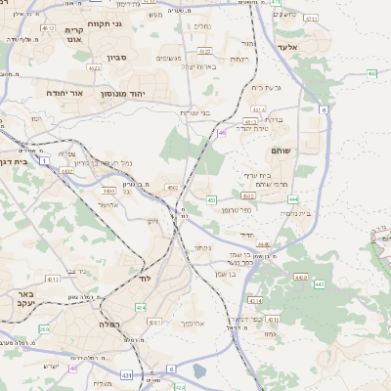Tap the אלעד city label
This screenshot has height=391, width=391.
(286, 45)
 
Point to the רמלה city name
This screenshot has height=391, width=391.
(109, 323)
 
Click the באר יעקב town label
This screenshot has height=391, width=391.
(20, 297)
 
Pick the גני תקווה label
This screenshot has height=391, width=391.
(105, 22)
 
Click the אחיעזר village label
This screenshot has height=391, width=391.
(109, 204)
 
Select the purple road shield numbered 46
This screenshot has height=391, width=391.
(223, 132)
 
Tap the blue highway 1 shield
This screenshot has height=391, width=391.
(44, 159)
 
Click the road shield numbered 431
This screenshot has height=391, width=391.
(128, 374)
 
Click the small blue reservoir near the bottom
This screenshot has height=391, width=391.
(199, 372)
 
